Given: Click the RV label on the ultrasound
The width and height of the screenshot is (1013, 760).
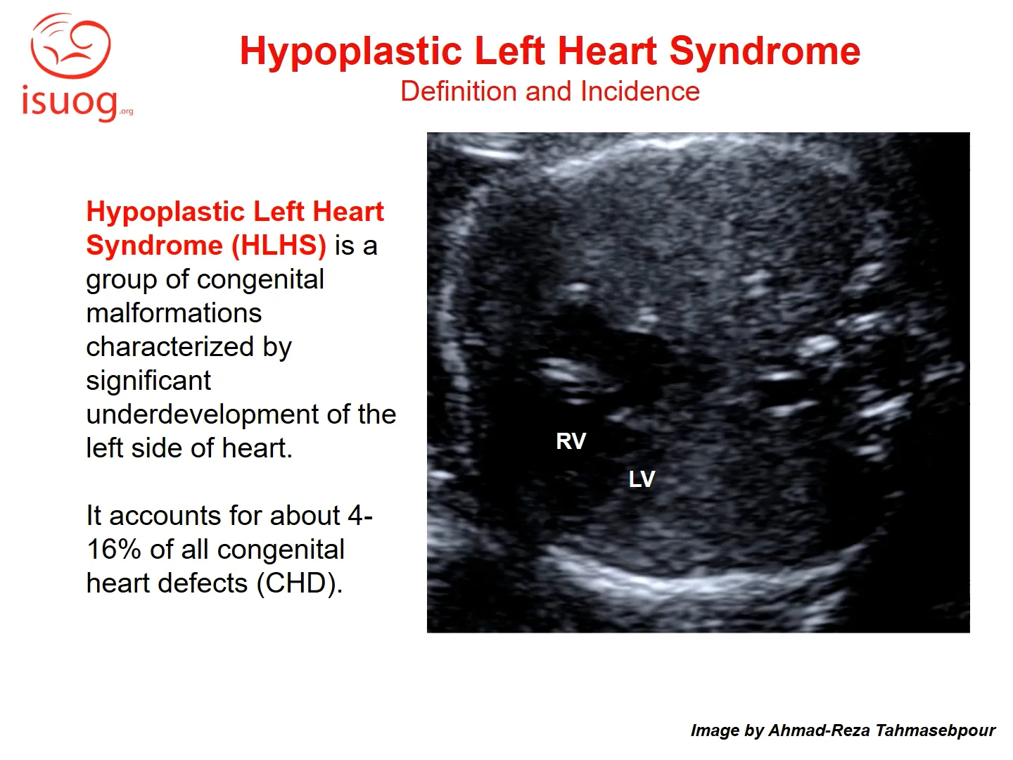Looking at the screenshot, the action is (x=571, y=441).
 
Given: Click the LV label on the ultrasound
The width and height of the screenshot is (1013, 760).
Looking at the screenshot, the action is (x=642, y=479).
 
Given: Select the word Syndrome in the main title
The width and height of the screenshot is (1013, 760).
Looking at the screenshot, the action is (x=765, y=51).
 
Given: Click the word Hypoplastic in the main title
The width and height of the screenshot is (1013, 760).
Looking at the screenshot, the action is (x=351, y=51).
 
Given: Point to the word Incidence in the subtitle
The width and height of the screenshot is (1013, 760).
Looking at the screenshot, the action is (x=640, y=91).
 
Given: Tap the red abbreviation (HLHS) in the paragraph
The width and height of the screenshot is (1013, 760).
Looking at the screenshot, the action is (x=279, y=245).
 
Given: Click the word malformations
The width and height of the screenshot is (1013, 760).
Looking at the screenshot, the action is (x=174, y=313).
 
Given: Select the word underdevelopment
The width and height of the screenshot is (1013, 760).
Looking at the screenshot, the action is (x=202, y=414).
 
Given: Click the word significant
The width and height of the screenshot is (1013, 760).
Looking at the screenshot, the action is (x=148, y=381).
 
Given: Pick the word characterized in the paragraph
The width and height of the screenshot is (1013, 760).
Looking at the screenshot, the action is (x=170, y=346).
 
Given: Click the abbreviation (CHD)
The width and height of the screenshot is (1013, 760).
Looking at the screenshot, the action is (x=299, y=584).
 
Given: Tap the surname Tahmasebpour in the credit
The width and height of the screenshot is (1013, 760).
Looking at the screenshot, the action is (x=936, y=730).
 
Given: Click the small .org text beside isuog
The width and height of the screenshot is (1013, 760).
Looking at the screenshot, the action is (x=126, y=111).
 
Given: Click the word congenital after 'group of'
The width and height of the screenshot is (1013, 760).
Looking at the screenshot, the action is (x=260, y=280).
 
